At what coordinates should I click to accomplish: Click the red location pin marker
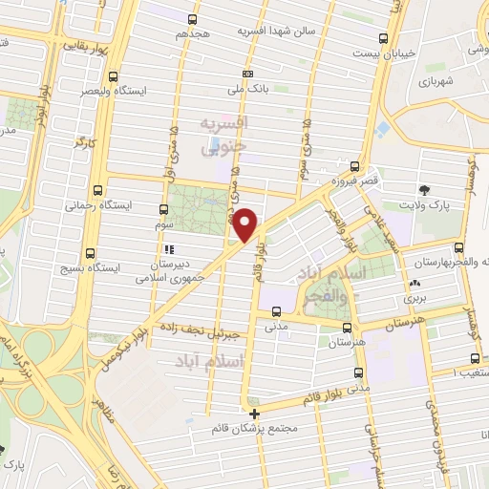246,224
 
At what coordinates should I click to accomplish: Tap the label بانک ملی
248,89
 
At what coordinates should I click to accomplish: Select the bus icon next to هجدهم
194,18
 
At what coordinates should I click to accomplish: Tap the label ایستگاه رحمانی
96,204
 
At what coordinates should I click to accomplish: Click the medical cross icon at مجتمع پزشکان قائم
254,414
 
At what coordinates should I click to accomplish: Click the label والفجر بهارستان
449,261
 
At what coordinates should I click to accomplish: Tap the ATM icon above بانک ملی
248,74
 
